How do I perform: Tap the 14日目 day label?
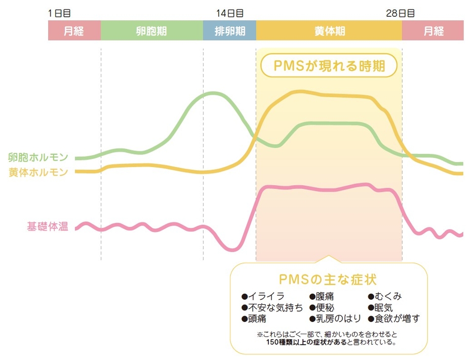click(229, 13)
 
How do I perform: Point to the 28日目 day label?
click(400, 13)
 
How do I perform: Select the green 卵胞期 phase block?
click(152, 31)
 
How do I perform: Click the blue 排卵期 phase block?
click(229, 31)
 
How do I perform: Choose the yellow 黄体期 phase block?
click(329, 31)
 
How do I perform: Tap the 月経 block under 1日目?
click(74, 31)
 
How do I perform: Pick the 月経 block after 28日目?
click(433, 31)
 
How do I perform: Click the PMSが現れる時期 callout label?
click(329, 66)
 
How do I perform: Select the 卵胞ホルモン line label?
click(38, 157)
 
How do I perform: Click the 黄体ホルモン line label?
click(38, 172)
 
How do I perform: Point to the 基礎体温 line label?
click(48, 226)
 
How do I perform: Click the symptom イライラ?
click(263, 296)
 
